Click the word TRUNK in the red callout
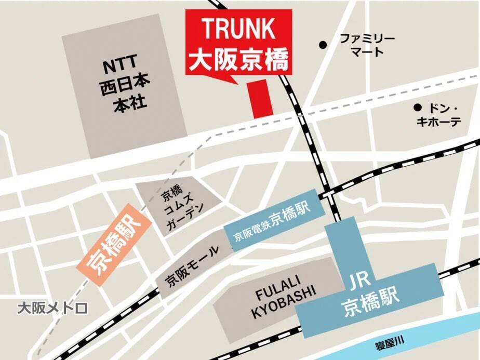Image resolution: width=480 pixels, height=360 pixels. tap(238, 29)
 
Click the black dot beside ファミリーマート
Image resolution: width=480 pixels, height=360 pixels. tap(323, 45)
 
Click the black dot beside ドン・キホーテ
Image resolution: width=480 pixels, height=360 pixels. tap(417, 108)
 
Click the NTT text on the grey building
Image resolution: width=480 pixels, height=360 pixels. tap(119, 66)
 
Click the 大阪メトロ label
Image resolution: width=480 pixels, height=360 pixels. tap(52, 309)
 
